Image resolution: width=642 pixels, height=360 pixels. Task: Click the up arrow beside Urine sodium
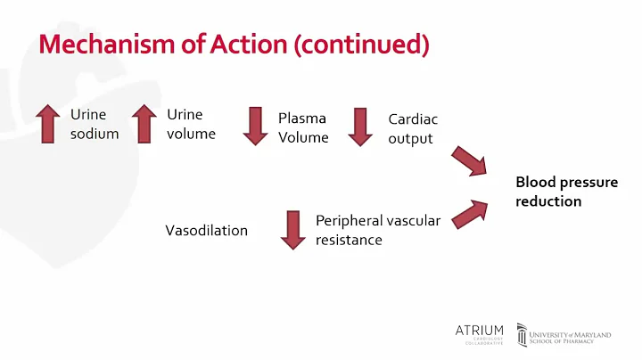[48, 125]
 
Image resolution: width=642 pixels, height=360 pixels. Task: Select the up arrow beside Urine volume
[144, 125]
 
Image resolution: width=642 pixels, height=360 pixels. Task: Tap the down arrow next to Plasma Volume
[255, 126]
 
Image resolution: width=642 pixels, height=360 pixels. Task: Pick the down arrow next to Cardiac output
[359, 126]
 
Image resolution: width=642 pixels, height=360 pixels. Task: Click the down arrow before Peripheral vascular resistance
[293, 229]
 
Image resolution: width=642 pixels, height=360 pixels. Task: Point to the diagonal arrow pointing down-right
[469, 161]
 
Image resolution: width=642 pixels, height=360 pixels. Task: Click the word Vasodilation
[206, 231]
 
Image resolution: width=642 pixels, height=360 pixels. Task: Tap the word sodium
[95, 135]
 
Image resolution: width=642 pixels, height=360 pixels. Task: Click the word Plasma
[302, 118]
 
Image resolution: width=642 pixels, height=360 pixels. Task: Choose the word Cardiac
[413, 119]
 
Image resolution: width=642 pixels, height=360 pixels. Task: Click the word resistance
[349, 240]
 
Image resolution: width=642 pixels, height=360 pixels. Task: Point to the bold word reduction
[548, 201]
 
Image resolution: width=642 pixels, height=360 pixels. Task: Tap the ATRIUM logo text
[479, 331]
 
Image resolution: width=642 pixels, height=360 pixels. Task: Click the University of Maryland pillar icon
[522, 335]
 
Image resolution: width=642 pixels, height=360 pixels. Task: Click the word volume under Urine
[191, 135]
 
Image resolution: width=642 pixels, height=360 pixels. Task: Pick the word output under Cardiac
[410, 138]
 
